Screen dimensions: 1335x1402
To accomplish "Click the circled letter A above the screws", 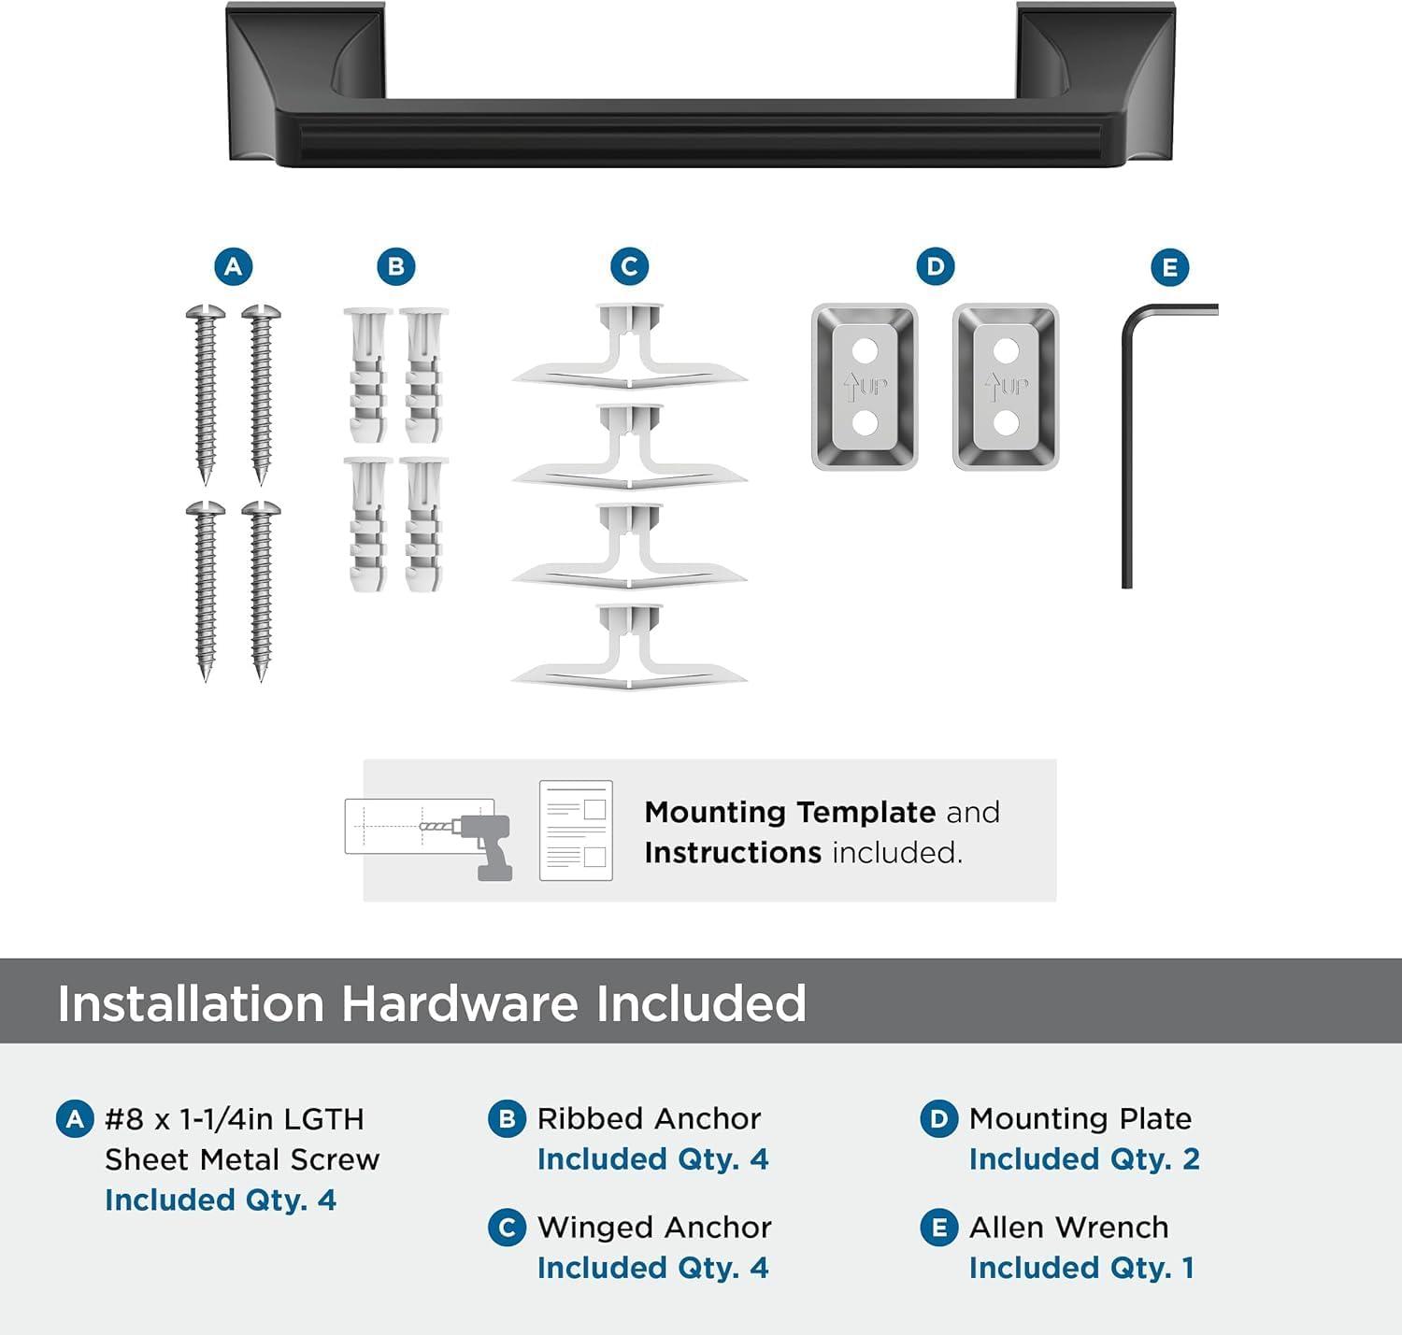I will [x=233, y=267].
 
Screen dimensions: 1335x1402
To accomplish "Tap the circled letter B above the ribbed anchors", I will [x=395, y=267].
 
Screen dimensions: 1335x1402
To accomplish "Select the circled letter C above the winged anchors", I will [x=629, y=267].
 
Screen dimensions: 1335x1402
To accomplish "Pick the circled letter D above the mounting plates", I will [x=935, y=267].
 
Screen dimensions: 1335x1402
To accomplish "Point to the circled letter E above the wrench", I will [x=1169, y=269].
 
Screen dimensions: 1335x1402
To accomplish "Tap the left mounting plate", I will [x=865, y=386].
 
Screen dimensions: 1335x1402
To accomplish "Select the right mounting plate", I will [x=1006, y=386].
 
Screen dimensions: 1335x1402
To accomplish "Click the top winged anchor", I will [x=629, y=350].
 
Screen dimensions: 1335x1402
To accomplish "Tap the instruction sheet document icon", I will [x=576, y=831].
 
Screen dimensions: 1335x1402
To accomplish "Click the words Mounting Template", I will [x=790, y=812].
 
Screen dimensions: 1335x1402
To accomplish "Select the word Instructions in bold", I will [x=733, y=853].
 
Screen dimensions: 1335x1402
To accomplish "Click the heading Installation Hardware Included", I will [x=432, y=1003].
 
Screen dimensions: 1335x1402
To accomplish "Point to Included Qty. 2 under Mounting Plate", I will [x=1084, y=1159].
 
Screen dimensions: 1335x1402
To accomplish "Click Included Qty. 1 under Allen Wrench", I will [x=1081, y=1268].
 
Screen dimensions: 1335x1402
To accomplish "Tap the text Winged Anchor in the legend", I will [x=654, y=1227].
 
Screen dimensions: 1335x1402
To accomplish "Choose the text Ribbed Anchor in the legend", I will [x=649, y=1118].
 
